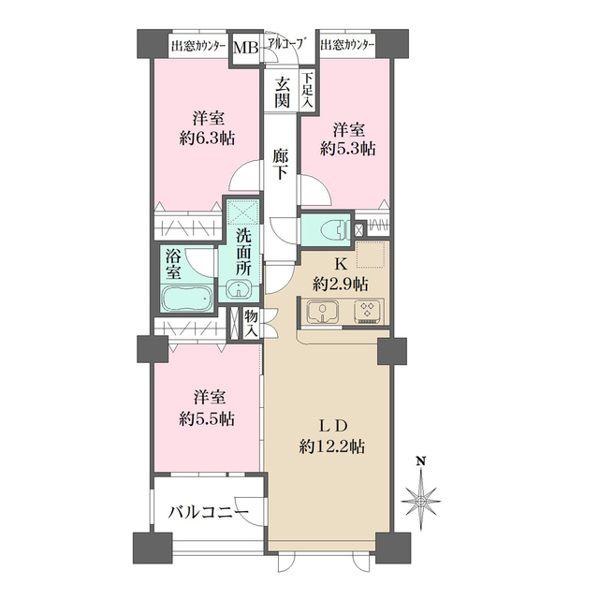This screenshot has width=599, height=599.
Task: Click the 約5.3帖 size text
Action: (347, 148)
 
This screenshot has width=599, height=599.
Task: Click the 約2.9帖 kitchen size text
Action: (341, 283)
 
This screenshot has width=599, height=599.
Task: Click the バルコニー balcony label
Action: (208, 512)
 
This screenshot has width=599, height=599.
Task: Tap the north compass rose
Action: (422, 500)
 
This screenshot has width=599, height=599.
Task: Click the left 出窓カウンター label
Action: (199, 45)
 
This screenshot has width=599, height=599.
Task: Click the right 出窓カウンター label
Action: (347, 45)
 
